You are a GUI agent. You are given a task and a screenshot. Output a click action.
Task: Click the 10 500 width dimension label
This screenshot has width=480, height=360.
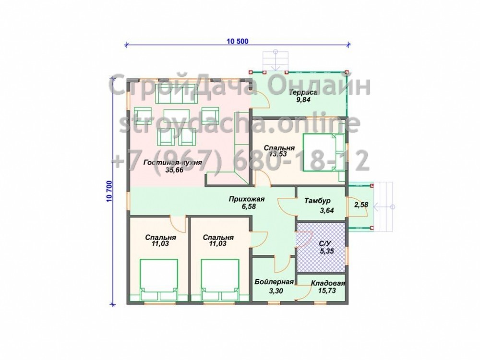tap(238, 41)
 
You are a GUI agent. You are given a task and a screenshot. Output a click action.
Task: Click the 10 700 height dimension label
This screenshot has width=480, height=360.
tap(109, 192)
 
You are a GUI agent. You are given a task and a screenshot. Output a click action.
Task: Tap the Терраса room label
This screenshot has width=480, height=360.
tap(303, 92)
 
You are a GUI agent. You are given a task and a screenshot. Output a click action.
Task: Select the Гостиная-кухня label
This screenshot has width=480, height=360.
tap(173, 163)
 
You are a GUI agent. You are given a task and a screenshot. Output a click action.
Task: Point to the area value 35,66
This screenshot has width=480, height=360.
tap(174, 170)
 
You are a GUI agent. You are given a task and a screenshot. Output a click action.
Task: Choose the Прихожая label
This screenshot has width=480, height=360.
tap(247, 200)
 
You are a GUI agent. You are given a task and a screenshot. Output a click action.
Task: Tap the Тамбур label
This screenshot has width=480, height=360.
tap(317, 201)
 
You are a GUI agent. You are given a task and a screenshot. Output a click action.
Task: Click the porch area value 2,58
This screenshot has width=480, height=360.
tap(361, 204)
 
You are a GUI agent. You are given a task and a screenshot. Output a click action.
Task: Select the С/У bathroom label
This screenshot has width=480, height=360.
tap(325, 244)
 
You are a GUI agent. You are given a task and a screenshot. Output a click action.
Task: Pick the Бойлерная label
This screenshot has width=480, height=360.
tap(274, 282)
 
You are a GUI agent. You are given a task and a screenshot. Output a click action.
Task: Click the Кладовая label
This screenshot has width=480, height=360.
tap(328, 284)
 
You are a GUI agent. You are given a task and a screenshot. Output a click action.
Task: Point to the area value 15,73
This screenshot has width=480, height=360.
tap(327, 290)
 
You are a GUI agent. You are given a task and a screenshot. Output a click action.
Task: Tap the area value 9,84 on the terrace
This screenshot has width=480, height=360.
tap(303, 99)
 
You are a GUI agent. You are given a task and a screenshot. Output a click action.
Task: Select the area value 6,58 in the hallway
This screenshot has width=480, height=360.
tap(249, 207)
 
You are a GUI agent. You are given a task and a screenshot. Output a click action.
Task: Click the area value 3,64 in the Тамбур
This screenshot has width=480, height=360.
tap(326, 211)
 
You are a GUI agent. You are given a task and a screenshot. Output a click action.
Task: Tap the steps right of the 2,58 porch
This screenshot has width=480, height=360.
tap(383, 207)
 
